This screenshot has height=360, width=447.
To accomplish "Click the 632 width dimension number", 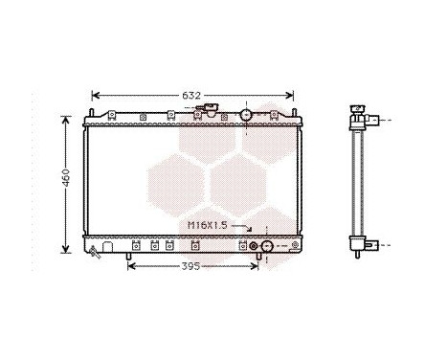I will pyautogui.click(x=191, y=96).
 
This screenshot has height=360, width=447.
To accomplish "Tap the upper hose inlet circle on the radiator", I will pyautogui.click(x=246, y=115).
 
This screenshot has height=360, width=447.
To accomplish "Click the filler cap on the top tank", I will pyautogui.click(x=202, y=112).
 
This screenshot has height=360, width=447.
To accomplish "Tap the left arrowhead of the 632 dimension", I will pyautogui.click(x=94, y=96).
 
